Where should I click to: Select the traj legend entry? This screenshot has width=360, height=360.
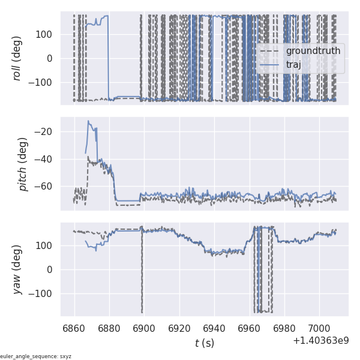click(294, 65)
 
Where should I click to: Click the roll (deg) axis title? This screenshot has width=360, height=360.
click(17, 58)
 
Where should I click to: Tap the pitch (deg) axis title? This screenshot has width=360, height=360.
click(23, 163)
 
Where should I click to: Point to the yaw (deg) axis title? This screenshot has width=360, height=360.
click(17, 269)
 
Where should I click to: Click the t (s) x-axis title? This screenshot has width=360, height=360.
click(205, 343)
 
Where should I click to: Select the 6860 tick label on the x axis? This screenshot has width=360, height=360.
click(74, 328)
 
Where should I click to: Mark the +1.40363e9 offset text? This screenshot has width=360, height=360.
click(320, 341)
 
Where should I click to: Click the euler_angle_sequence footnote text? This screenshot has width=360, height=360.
click(36, 356)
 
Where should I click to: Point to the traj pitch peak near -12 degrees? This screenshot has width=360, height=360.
click(88, 121)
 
